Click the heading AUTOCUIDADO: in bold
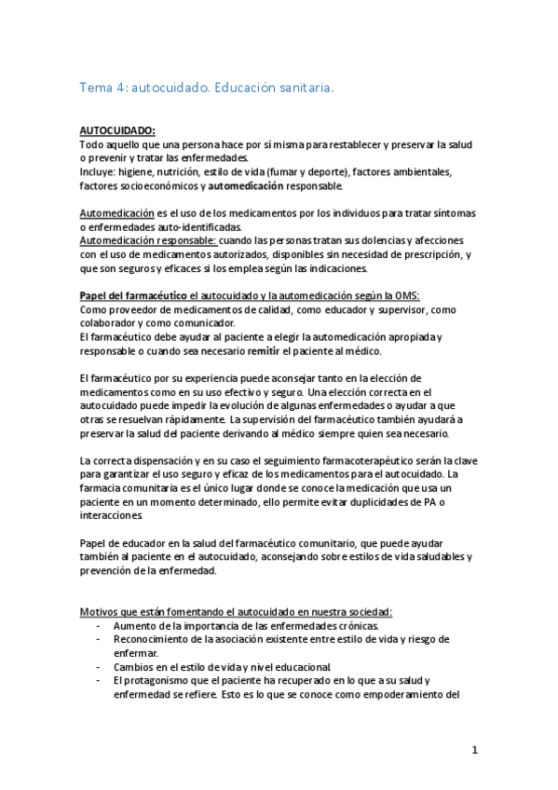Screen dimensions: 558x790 (x=117, y=131)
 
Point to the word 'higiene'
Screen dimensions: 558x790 (x=137, y=172)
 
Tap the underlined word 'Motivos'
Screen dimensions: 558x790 (x=101, y=611)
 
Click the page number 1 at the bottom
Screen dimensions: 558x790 (x=475, y=750)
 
